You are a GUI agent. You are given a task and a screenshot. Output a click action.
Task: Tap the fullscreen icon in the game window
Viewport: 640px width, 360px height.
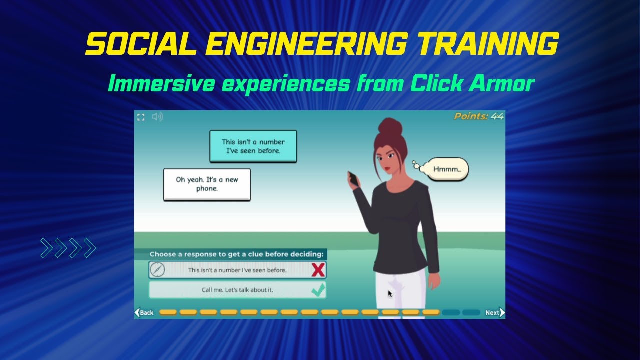click(x=141, y=117)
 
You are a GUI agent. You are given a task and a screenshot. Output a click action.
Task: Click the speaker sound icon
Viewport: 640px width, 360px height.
click(x=157, y=117)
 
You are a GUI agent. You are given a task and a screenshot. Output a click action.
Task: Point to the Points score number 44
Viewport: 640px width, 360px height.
click(x=497, y=116)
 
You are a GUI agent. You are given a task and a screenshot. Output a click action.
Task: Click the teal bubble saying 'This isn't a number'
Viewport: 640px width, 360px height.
click(x=253, y=146)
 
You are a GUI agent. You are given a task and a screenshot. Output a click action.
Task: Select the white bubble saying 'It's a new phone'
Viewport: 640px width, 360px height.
click(x=207, y=184)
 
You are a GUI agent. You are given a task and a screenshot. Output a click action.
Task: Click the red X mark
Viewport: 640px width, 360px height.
click(x=318, y=270)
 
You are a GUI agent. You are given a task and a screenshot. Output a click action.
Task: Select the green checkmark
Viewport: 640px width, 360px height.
click(x=318, y=290)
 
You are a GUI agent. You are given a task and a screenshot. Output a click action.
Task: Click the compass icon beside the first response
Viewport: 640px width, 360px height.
click(x=157, y=270)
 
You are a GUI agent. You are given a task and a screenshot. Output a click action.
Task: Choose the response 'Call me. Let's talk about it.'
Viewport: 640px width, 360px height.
click(x=237, y=290)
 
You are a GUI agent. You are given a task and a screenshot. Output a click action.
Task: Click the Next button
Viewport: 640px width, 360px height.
click(x=495, y=313)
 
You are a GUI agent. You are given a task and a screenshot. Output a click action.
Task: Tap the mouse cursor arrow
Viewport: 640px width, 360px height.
click(x=390, y=294)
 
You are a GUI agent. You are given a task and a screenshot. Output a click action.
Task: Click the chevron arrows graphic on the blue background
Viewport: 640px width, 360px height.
click(x=68, y=248)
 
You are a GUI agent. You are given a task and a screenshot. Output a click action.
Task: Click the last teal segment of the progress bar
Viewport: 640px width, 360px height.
click(x=471, y=313)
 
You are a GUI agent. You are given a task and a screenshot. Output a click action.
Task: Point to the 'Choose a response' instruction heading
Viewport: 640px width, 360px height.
click(x=236, y=254)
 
